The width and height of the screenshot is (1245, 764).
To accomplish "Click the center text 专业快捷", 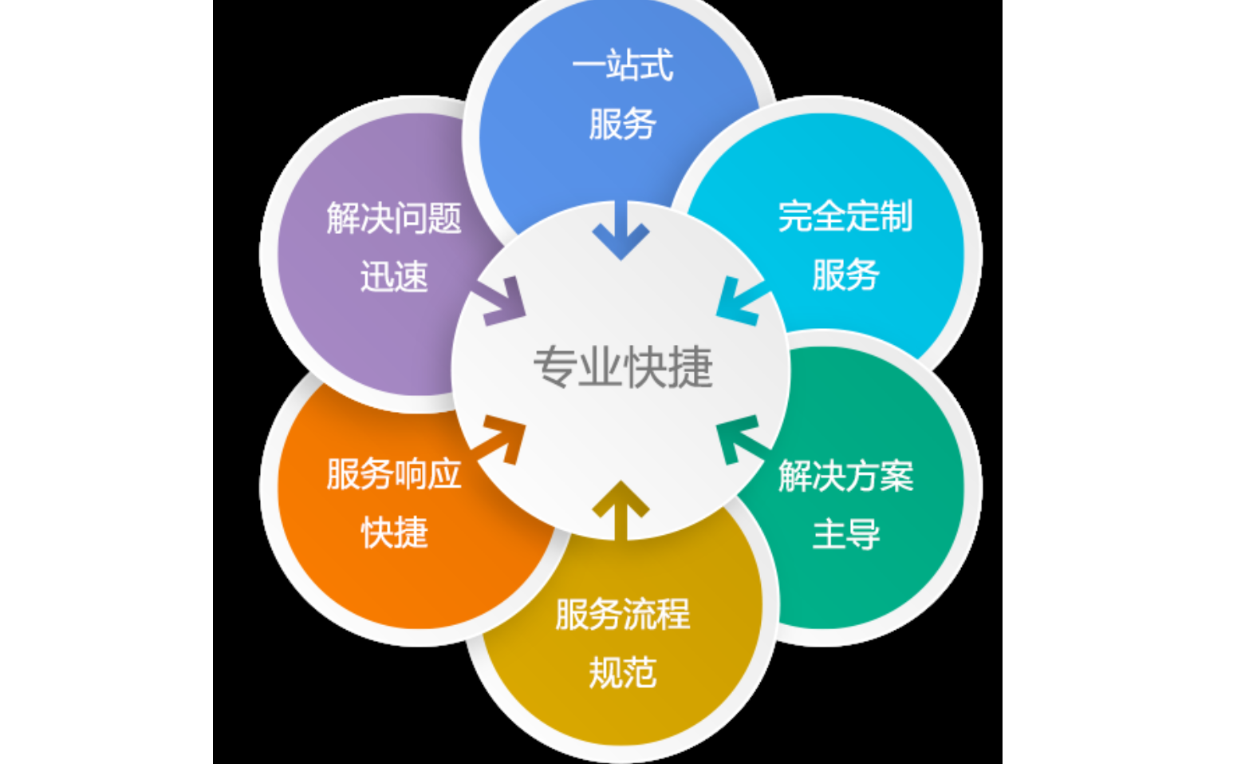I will (x=622, y=368).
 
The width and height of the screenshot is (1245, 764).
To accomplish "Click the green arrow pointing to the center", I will (x=739, y=438).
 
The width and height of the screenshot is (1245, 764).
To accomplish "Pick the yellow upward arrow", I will (x=621, y=508).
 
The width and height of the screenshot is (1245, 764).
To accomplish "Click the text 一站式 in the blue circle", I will (x=622, y=65).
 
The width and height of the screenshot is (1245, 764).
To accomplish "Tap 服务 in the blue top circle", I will (x=622, y=124).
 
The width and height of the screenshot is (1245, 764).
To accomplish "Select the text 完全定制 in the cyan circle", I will (x=845, y=216).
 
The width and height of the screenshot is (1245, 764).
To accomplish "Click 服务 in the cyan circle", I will (x=845, y=275).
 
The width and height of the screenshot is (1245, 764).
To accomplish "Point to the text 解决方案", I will (x=845, y=476).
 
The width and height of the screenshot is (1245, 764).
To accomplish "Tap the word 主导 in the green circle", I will (x=845, y=534).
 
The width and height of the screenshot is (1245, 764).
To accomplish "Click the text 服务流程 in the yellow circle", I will (x=622, y=615).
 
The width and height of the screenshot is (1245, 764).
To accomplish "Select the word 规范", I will (x=622, y=673).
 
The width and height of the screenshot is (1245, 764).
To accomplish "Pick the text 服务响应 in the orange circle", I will (x=394, y=474).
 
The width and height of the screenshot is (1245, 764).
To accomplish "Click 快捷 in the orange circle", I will (x=394, y=532).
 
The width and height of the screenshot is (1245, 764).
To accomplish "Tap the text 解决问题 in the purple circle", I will (x=394, y=218).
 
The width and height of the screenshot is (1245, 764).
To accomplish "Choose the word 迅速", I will (x=394, y=277).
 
